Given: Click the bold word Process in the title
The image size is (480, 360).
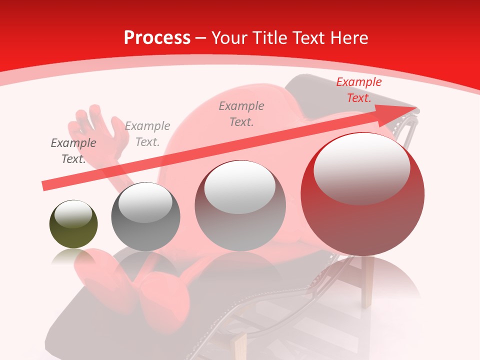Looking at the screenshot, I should pyautogui.click(x=157, y=37).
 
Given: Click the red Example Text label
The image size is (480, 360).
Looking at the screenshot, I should pyautogui.click(x=358, y=90).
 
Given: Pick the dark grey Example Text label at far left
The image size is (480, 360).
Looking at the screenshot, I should pyautogui.click(x=73, y=151).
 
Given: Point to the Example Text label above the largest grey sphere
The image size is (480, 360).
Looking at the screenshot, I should pyautogui.click(x=241, y=113).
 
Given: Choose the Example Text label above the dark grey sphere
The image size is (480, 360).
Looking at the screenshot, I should pyautogui.click(x=147, y=134).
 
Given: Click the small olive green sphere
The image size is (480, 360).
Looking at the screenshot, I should pyautogui.click(x=73, y=225).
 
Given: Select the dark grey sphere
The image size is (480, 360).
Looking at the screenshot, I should pyautogui.click(x=145, y=217).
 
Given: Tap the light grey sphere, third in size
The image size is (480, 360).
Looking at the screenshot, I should pyautogui.click(x=240, y=206).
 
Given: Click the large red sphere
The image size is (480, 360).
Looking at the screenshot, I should pyautogui.click(x=362, y=195).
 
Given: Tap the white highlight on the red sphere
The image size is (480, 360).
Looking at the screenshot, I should pyautogui.click(x=361, y=167).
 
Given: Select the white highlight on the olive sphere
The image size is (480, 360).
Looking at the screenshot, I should pyautogui.click(x=73, y=214).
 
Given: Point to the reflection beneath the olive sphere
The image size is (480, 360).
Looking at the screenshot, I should pyautogui.click(x=73, y=257).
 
